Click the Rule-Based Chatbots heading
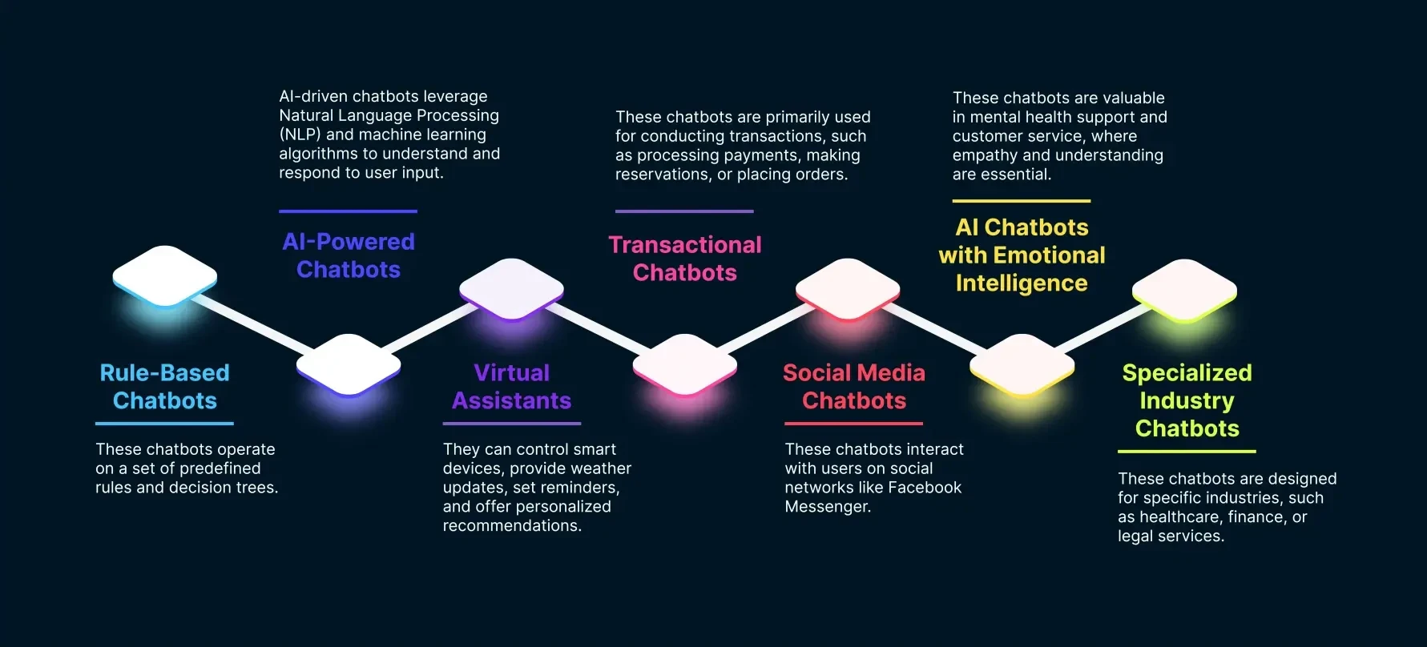click(x=164, y=387)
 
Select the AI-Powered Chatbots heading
click(x=349, y=255)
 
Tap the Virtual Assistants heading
click(x=512, y=387)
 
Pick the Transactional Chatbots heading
click(x=685, y=259)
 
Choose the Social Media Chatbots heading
click(x=854, y=387)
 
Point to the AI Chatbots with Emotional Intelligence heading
click(x=1022, y=255)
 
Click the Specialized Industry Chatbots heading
click(x=1187, y=400)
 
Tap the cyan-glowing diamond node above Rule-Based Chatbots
click(x=165, y=276)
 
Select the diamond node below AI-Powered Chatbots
click(x=349, y=365)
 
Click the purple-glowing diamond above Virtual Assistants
click(x=511, y=289)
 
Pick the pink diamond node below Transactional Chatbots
click(x=685, y=365)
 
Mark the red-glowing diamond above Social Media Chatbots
click(x=848, y=289)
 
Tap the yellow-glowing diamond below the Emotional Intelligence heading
click(x=1022, y=365)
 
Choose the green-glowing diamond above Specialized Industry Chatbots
click(x=1184, y=290)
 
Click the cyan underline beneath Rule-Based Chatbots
click(x=164, y=423)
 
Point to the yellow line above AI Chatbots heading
click(x=1022, y=201)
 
